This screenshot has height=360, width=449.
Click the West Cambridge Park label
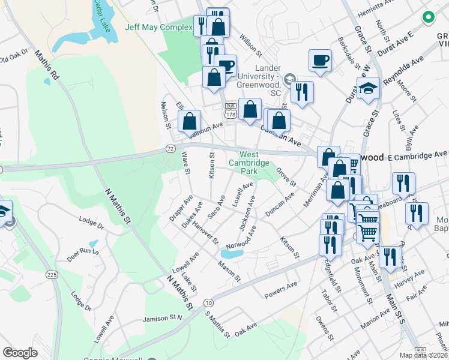250,162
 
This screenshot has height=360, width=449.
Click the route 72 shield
170,148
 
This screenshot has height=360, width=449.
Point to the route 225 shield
52,274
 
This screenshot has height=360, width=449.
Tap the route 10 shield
208,302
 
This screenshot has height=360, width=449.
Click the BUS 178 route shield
231,110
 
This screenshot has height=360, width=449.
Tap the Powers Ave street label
280,289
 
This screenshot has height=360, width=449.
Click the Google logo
20,353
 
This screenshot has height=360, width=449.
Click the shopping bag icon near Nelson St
190,121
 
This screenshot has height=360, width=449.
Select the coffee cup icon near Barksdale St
320,60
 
